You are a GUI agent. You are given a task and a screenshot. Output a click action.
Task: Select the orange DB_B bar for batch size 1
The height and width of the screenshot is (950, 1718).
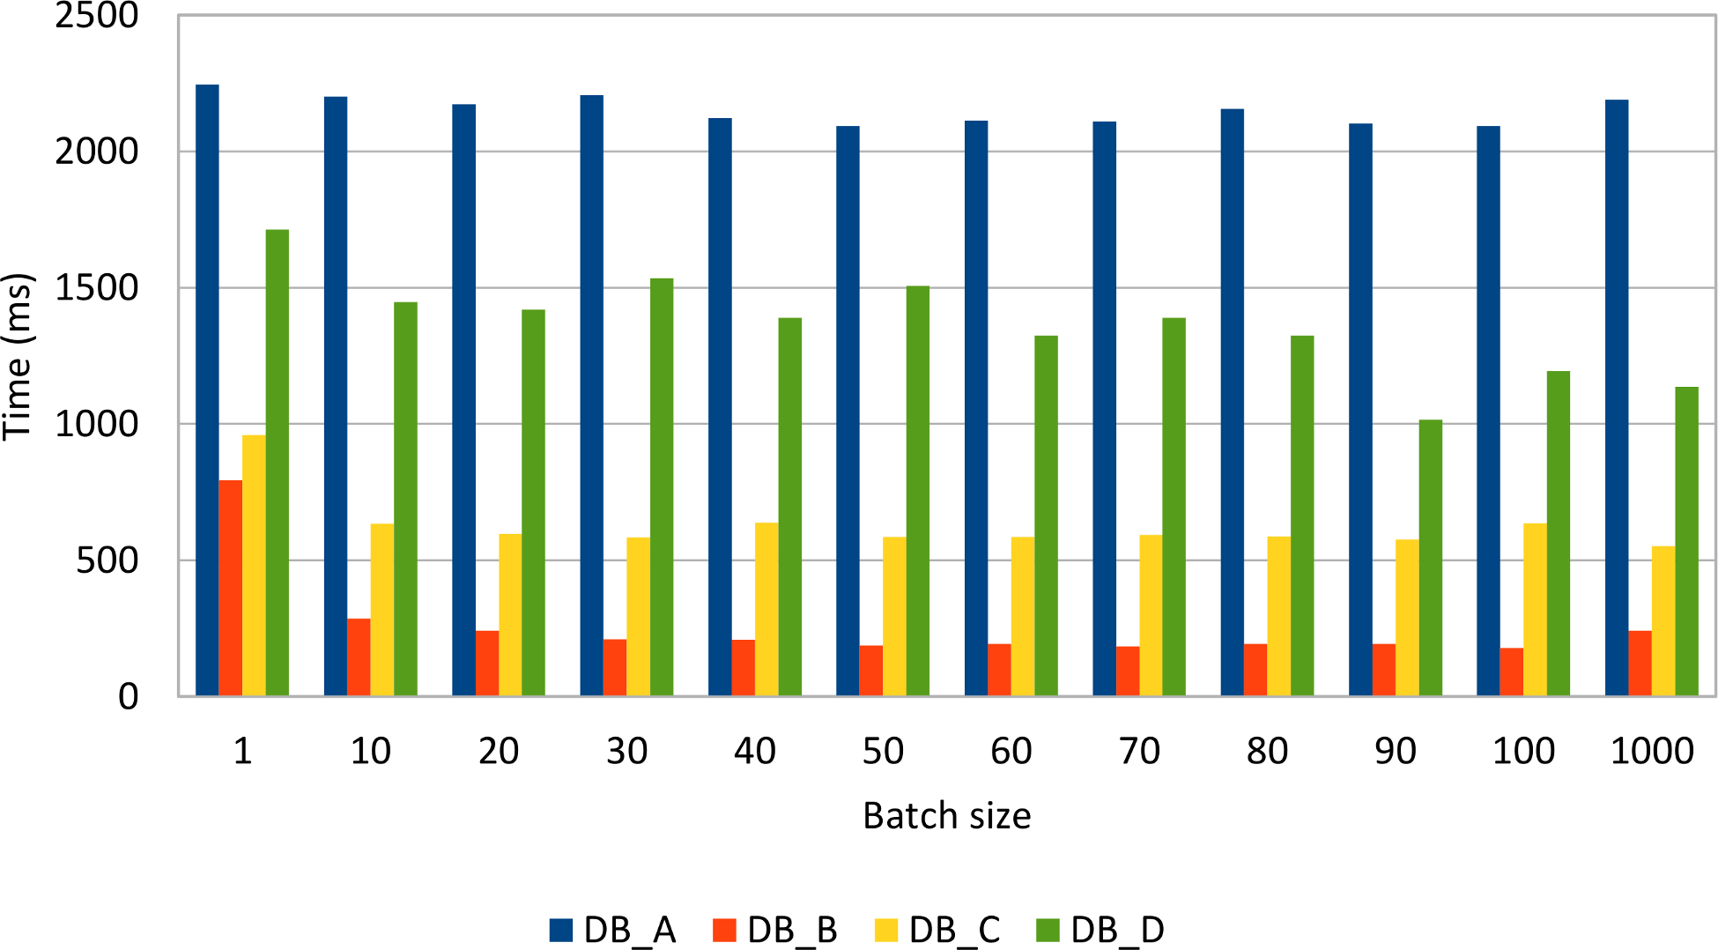click(231, 588)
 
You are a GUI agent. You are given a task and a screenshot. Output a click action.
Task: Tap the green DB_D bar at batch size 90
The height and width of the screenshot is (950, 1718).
click(1430, 558)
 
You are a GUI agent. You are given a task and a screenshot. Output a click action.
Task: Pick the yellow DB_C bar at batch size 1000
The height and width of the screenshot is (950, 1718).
click(1663, 621)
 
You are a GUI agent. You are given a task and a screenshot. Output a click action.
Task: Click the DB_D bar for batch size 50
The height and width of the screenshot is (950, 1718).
click(918, 491)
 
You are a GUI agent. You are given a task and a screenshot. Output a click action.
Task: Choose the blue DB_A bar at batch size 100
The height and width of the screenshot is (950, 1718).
click(1488, 411)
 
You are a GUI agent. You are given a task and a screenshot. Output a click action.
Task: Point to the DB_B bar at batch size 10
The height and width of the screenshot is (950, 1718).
click(359, 657)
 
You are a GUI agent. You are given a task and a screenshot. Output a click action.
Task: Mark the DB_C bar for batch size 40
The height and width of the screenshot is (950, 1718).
click(766, 609)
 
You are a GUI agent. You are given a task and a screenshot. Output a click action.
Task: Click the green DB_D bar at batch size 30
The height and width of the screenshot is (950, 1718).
click(662, 487)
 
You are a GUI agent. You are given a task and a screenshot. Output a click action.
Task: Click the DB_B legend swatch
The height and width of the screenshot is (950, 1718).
click(723, 930)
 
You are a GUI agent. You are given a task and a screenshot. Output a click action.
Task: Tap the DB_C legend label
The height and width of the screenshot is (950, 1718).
click(954, 930)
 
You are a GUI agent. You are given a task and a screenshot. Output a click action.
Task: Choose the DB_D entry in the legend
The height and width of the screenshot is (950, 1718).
click(1116, 930)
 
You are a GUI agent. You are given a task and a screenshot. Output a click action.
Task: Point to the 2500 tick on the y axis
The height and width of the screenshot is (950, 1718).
click(97, 16)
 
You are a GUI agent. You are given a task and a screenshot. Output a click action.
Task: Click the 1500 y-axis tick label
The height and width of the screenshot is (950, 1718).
click(97, 288)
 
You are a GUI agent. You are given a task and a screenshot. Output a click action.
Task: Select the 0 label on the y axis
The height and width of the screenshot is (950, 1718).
click(129, 697)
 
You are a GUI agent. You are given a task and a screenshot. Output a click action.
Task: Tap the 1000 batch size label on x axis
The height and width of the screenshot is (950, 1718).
click(1652, 751)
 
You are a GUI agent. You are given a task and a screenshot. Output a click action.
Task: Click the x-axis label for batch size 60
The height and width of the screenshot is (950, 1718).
click(1011, 751)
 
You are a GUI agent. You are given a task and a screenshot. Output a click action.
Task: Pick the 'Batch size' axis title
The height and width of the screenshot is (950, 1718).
click(946, 816)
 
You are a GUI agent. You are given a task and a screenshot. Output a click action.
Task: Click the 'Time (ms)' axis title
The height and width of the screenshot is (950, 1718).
click(18, 356)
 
